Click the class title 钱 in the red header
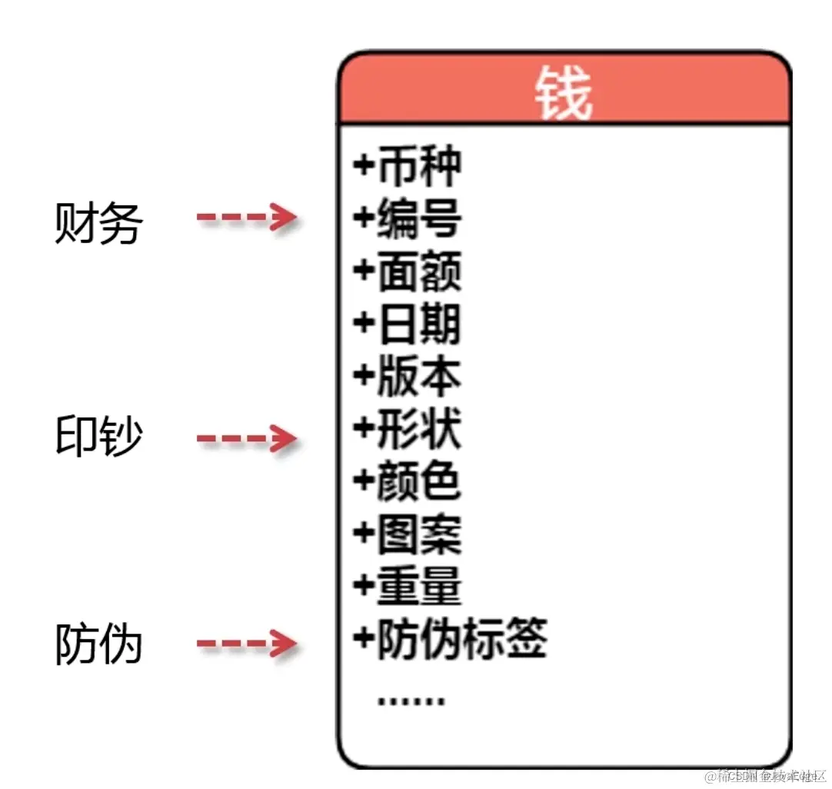pyautogui.click(x=564, y=93)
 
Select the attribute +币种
pyautogui.click(x=408, y=167)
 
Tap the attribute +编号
pyautogui.click(x=408, y=218)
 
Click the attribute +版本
pyautogui.click(x=408, y=376)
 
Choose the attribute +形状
pyautogui.click(x=408, y=428)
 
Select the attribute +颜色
pyautogui.click(x=408, y=481)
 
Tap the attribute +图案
pyautogui.click(x=408, y=534)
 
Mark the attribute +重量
pyautogui.click(x=408, y=586)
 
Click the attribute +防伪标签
pyautogui.click(x=451, y=638)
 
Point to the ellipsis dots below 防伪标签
pyautogui.click(x=411, y=700)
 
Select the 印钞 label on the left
pyautogui.click(x=98, y=436)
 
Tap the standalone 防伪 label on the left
pyautogui.click(x=98, y=643)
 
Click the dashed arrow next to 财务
pyautogui.click(x=246, y=218)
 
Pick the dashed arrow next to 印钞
pyautogui.click(x=246, y=439)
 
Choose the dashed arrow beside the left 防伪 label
pyautogui.click(x=246, y=643)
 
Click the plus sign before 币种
pyautogui.click(x=363, y=165)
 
